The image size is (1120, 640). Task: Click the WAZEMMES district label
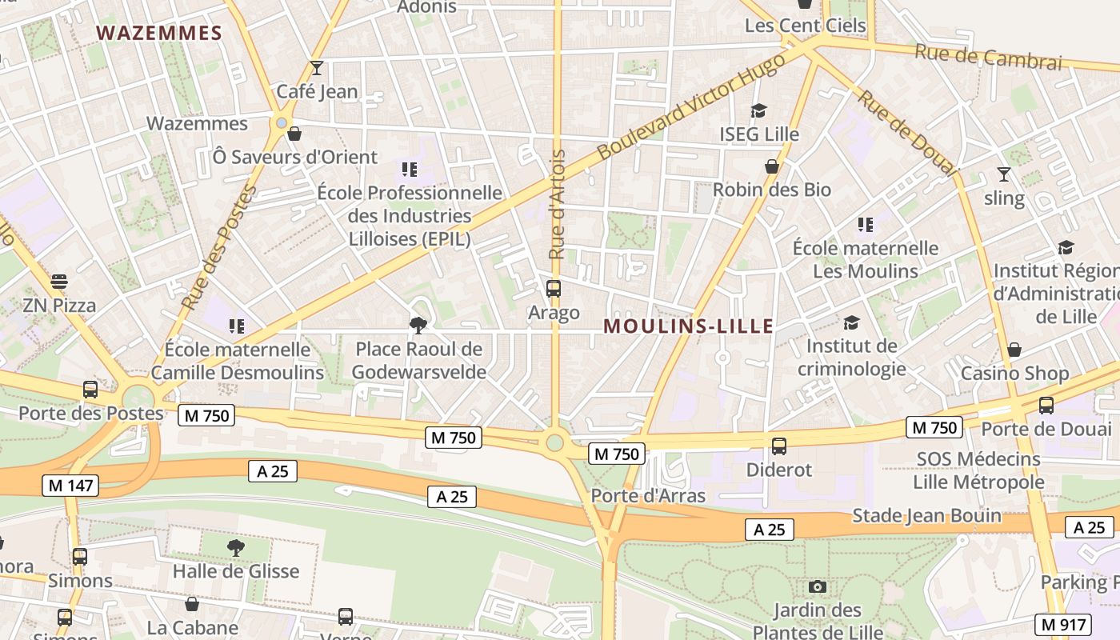(159, 33)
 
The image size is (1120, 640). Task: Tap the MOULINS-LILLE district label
(688, 326)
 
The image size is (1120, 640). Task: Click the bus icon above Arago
(553, 289)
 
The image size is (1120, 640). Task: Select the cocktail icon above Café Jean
(317, 68)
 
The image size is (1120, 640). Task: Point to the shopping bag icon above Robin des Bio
(772, 166)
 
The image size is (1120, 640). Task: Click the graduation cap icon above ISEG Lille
(758, 110)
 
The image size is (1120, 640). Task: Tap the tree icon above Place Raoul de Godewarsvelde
(418, 325)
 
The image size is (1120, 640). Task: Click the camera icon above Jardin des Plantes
(817, 587)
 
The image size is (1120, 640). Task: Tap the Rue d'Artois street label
(558, 204)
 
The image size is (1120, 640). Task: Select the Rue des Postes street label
(218, 249)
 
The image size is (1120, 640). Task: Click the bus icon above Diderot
(779, 446)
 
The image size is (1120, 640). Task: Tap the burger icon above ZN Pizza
(59, 282)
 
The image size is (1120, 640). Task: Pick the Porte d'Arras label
(648, 495)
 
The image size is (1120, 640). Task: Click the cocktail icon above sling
(1004, 174)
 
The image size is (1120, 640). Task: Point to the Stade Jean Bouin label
(926, 515)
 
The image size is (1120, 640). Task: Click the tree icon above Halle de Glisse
(235, 547)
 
